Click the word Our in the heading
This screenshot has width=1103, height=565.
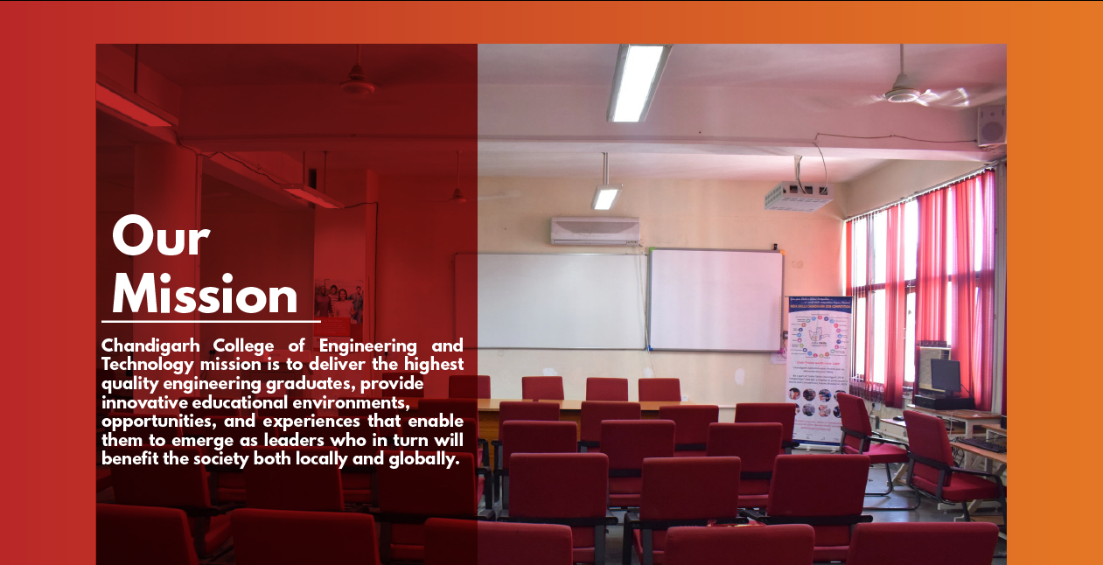point(161,238)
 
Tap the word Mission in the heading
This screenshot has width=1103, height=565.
point(205,296)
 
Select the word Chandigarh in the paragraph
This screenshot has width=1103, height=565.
point(150,346)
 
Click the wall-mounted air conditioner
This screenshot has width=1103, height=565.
point(595,231)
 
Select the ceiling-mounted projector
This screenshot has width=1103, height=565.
point(798,196)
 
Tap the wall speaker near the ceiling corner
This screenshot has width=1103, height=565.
point(990,125)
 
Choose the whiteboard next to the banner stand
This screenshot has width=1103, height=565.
point(716,300)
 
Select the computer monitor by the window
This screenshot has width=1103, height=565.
point(945,375)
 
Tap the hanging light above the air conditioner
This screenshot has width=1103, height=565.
point(605,197)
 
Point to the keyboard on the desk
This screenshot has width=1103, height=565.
point(982,445)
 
